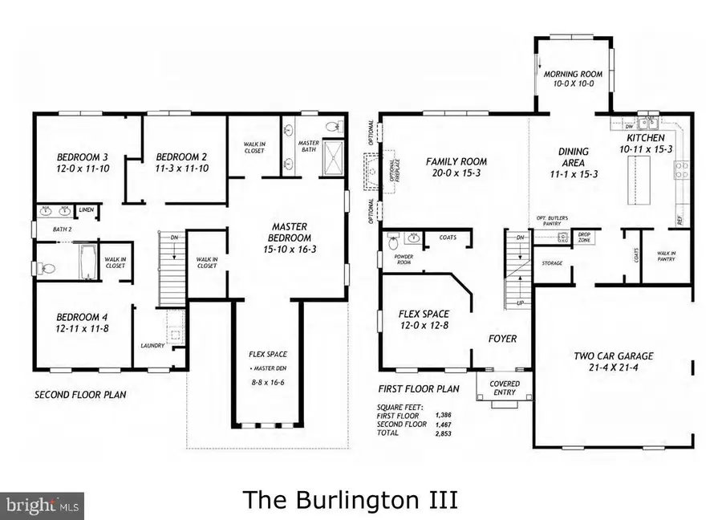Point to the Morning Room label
(573, 75)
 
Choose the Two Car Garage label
(613, 355)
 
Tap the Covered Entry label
(504, 388)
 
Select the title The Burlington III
(351, 499)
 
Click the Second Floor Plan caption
(80, 395)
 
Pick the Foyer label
(502, 339)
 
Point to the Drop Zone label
(584, 238)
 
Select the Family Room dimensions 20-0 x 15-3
(456, 173)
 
